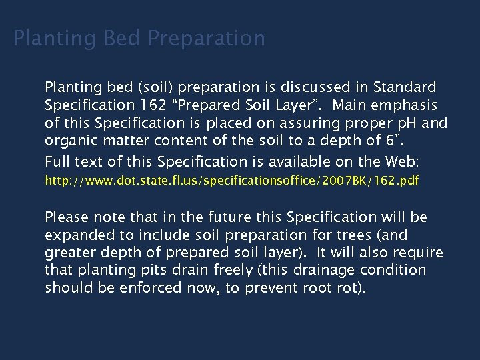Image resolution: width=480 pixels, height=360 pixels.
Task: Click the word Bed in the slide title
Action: point(123,38)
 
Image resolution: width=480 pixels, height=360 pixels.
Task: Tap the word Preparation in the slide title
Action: point(207,38)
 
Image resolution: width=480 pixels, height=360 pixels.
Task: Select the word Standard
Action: point(405,87)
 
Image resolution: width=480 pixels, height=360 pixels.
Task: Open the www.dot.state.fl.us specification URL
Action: point(232,181)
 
